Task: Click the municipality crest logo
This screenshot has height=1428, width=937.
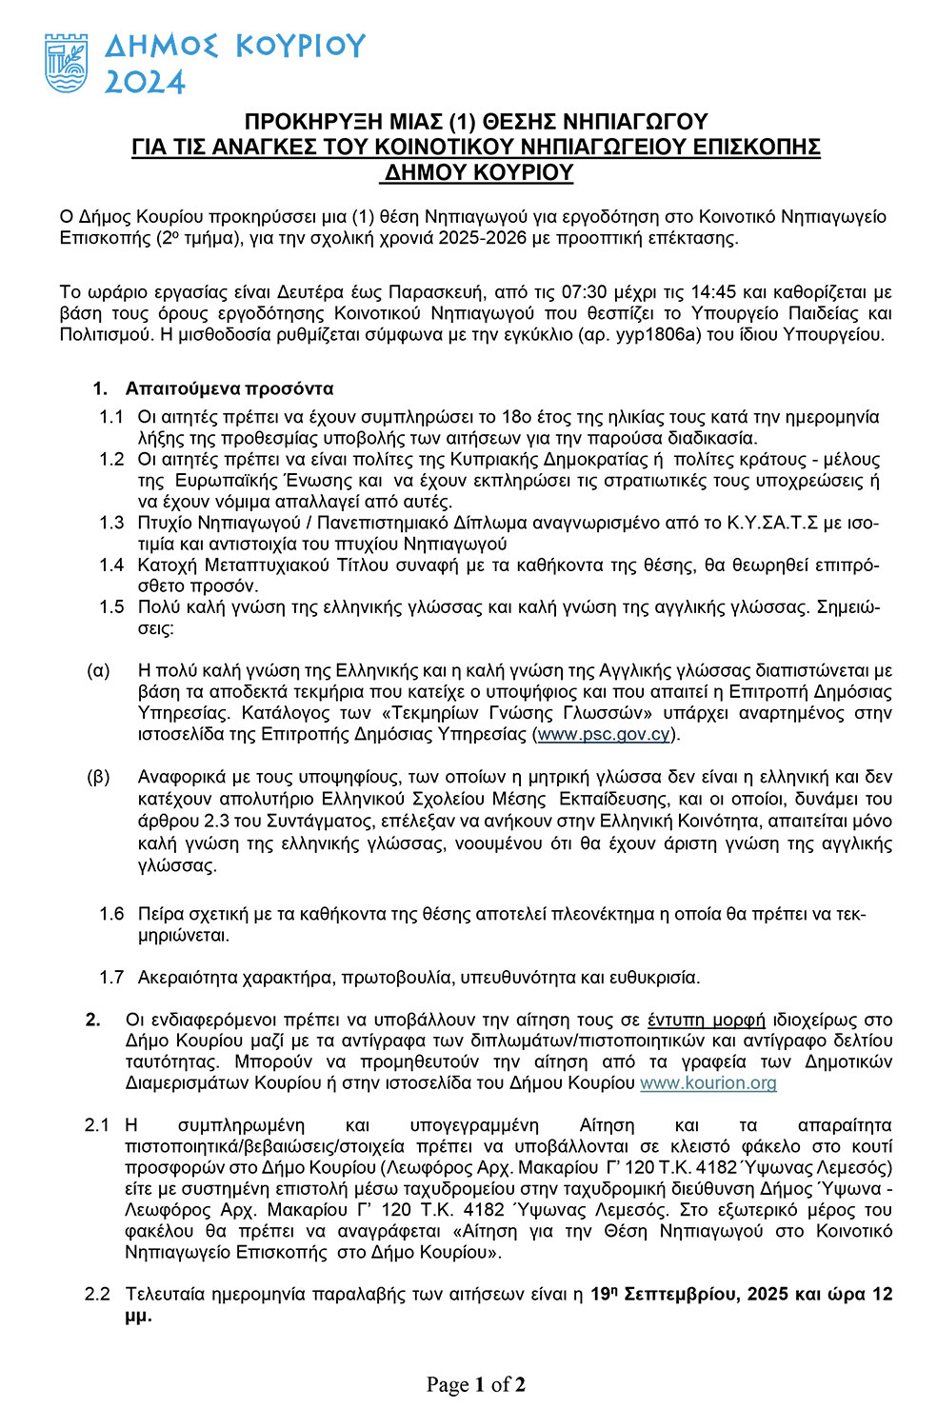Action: click(x=67, y=63)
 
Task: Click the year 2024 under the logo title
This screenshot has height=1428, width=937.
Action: click(x=144, y=83)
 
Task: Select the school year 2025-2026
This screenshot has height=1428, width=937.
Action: click(x=482, y=237)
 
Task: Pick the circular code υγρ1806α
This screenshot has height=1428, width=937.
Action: click(x=648, y=334)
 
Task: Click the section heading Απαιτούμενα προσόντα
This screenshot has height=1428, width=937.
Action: click(x=229, y=388)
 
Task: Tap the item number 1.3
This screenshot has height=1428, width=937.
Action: click(x=111, y=523)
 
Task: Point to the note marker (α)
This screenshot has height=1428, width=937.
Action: click(x=98, y=670)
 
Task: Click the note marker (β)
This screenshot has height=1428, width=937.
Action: click(x=98, y=777)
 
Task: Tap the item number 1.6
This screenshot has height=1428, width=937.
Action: click(x=111, y=914)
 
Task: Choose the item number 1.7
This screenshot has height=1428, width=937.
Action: click(x=111, y=977)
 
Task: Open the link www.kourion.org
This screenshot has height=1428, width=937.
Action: click(x=708, y=1082)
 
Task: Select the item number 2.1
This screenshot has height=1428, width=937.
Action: click(x=97, y=1125)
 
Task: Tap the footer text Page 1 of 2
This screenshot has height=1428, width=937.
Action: click(x=475, y=1384)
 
